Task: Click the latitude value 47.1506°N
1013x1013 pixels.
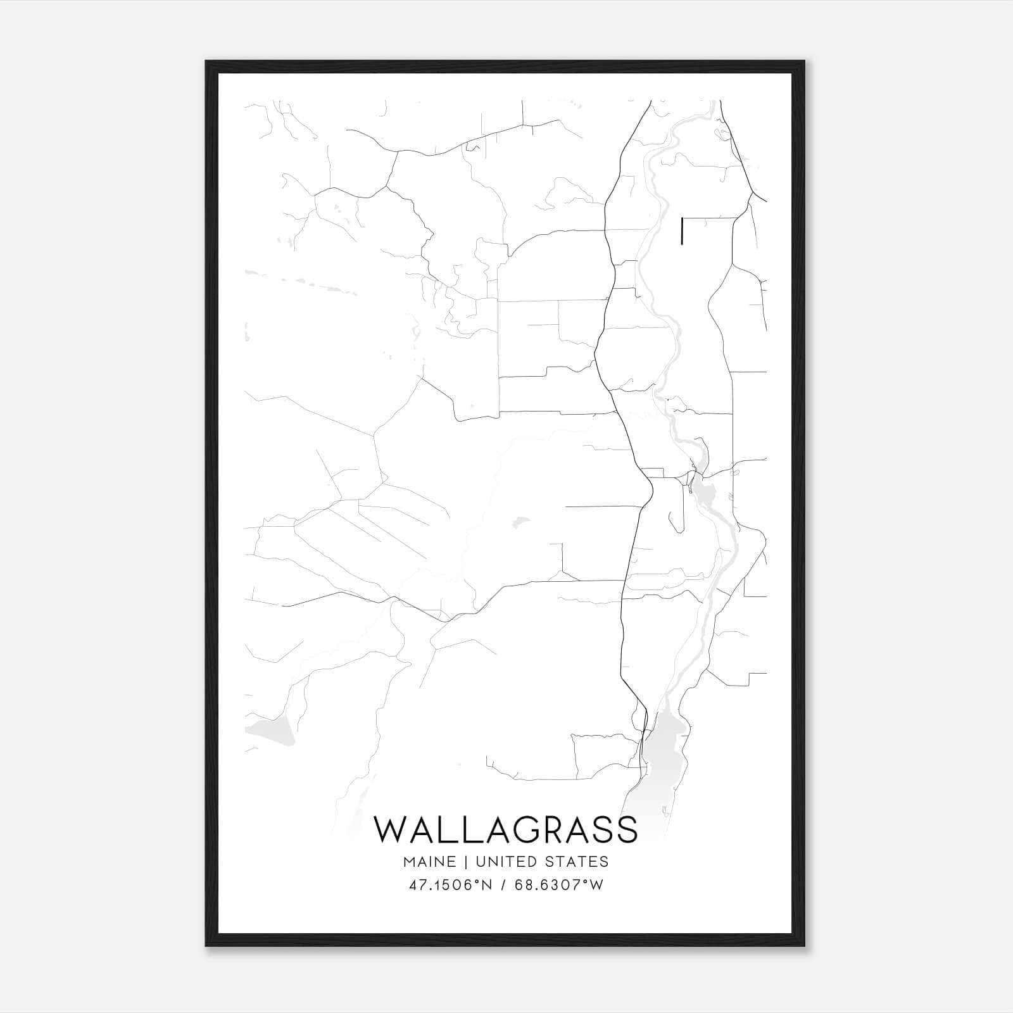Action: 450,885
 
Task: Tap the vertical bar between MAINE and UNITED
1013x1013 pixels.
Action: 465,862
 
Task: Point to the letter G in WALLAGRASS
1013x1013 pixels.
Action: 529,829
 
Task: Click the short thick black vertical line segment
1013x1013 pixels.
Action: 681,230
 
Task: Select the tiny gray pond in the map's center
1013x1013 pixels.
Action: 521,522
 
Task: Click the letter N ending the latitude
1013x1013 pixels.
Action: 487,885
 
